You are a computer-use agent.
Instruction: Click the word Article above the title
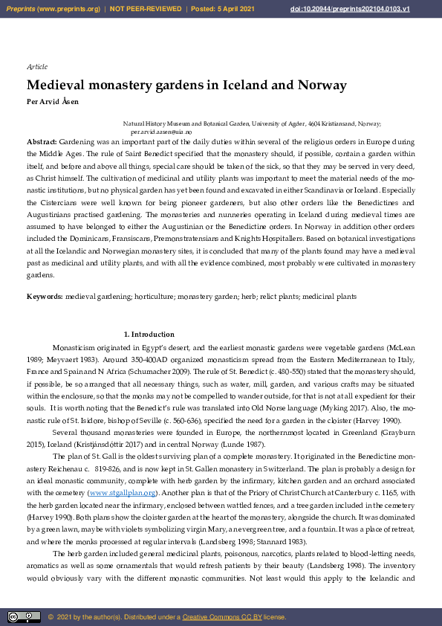coord(36,67)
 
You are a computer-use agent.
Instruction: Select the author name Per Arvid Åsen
coord(52,101)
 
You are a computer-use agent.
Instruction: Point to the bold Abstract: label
coord(42,141)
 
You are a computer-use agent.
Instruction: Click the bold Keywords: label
coord(45,296)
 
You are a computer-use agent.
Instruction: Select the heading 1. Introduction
coord(149,335)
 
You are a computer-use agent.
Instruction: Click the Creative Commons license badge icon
coord(24,616)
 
